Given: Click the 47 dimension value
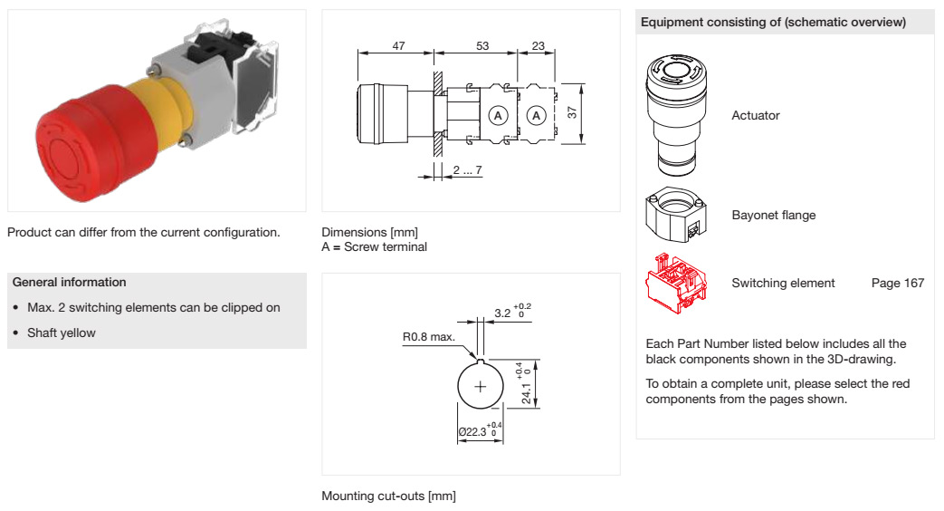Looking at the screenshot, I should [398, 45].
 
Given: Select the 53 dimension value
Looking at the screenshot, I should [482, 45].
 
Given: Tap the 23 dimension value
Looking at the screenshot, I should [538, 45].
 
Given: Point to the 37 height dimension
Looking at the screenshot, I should [571, 114].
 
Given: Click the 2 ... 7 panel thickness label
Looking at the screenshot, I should [467, 170].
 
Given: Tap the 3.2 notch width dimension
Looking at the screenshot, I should [503, 313].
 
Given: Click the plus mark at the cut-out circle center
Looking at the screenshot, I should [480, 387].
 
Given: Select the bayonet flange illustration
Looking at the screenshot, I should [675, 216].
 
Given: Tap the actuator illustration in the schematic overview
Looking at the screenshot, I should [674, 113].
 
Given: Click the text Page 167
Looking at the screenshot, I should [897, 284].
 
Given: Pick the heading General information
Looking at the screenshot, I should [70, 283].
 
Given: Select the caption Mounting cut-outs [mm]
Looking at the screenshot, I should [388, 497].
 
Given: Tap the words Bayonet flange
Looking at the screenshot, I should [773, 216].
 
